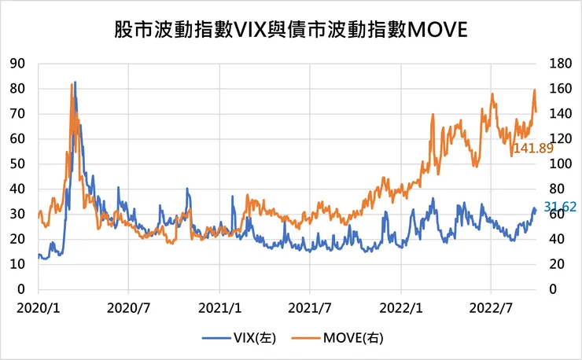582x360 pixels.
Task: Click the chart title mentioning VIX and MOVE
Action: pos(290,30)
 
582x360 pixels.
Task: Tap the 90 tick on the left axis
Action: pos(18,63)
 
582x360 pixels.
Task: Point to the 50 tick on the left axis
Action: pos(18,163)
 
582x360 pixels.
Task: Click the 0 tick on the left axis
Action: pos(22,289)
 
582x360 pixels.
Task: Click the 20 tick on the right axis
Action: pos(551,264)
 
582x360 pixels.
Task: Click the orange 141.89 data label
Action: pos(534,147)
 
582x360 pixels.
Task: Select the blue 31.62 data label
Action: pos(561,206)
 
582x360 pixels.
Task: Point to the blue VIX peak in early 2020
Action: pos(75,82)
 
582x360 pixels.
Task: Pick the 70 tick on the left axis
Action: pos(18,113)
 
